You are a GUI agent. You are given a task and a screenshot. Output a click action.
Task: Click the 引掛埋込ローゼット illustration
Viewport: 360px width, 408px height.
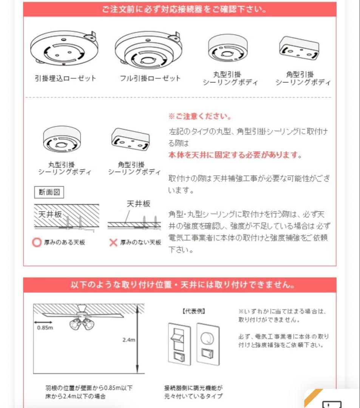click(64, 49)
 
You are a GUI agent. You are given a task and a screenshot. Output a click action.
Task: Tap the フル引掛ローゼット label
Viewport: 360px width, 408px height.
click(150, 78)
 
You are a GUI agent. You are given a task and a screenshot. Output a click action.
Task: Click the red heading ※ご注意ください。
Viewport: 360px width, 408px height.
click(200, 116)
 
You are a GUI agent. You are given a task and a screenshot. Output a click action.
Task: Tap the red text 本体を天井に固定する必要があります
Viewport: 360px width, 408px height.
click(234, 155)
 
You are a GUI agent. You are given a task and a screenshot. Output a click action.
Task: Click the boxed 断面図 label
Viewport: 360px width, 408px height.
click(49, 192)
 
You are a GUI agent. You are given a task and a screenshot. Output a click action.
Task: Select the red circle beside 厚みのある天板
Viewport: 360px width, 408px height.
click(36, 243)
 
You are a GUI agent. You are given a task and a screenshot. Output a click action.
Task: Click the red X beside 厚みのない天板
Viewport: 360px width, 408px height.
click(113, 243)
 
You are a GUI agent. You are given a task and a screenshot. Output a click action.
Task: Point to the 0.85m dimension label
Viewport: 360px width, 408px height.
click(45, 328)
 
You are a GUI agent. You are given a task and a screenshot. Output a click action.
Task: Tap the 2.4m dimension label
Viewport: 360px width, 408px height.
click(128, 340)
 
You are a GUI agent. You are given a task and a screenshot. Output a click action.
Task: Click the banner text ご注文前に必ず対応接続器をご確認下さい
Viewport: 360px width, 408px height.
click(180, 9)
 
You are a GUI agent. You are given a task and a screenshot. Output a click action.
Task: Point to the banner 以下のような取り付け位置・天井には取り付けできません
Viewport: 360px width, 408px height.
click(180, 284)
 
